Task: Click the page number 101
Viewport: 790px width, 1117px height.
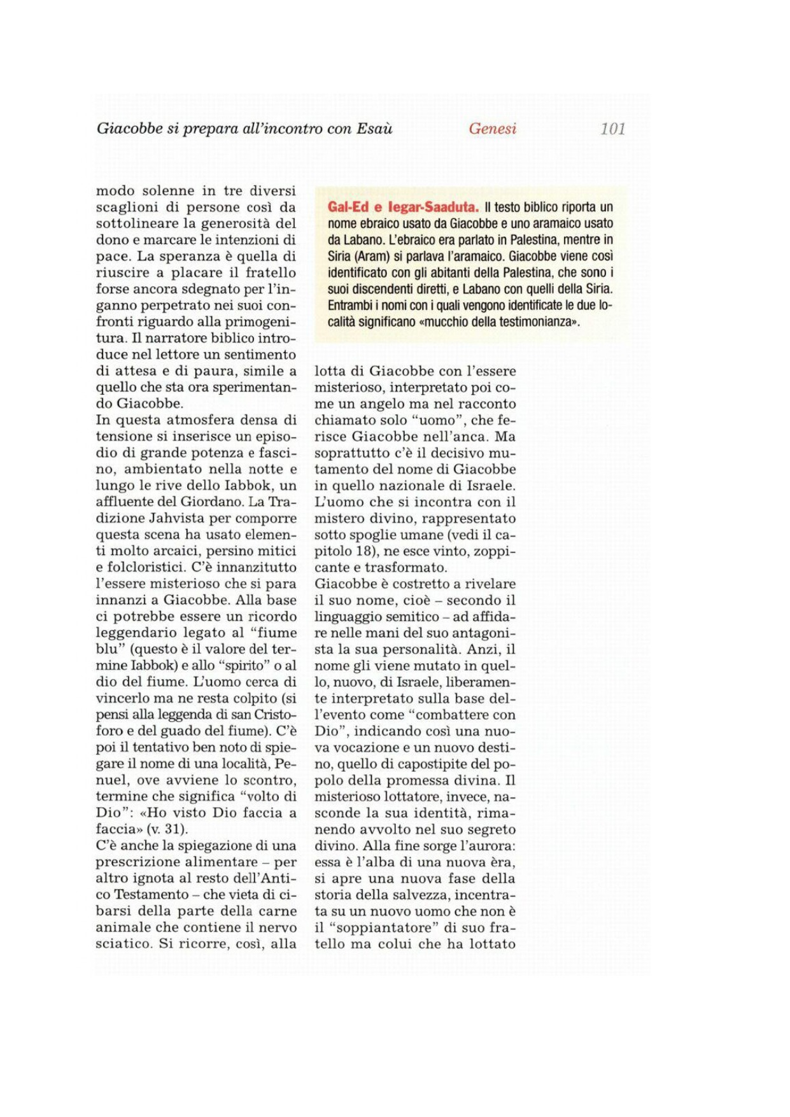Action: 612,129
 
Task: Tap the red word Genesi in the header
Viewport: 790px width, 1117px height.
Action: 492,129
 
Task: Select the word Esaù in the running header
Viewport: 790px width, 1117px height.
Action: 374,129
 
